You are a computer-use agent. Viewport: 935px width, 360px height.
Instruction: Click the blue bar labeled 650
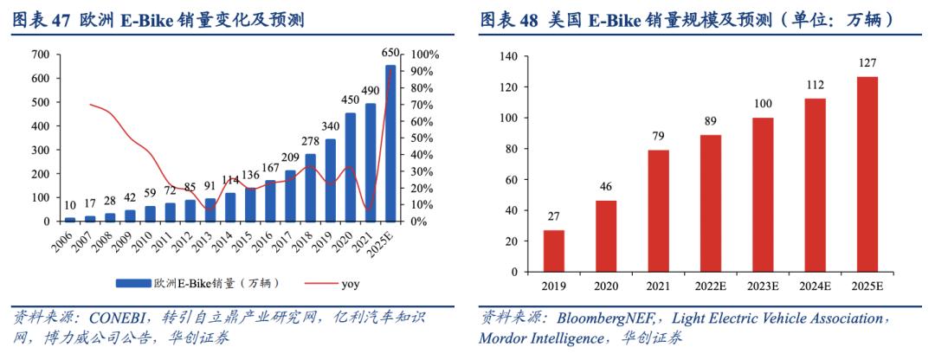tap(390, 143)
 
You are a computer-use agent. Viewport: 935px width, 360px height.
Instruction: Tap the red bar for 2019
tap(553, 250)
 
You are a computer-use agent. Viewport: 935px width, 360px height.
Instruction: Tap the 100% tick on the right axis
tap(425, 55)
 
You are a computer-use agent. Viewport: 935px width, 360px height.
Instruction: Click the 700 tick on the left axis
tap(40, 55)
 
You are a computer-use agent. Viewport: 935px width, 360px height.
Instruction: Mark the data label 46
tap(607, 187)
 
